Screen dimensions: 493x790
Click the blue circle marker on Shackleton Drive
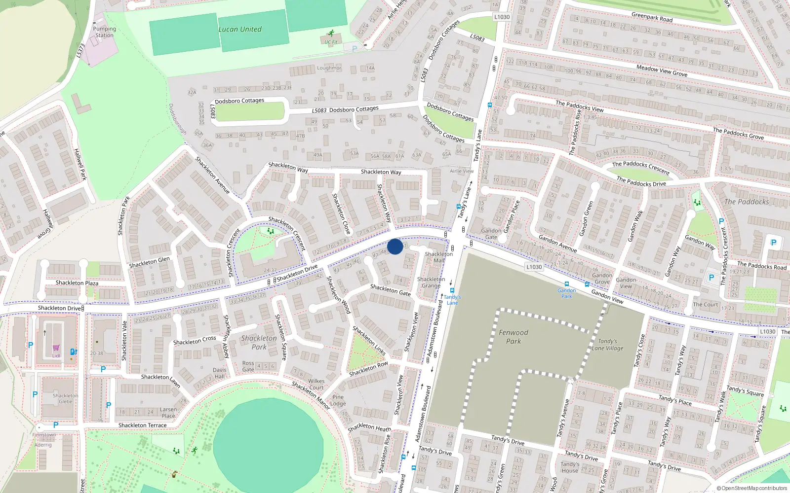pyautogui.click(x=395, y=246)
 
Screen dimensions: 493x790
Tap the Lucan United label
pyautogui.click(x=240, y=29)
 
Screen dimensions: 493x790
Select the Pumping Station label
pyautogui.click(x=105, y=32)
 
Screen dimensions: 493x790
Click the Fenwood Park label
pyautogui.click(x=513, y=337)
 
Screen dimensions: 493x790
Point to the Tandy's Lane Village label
pyautogui.click(x=608, y=345)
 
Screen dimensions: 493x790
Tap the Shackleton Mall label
pyautogui.click(x=439, y=257)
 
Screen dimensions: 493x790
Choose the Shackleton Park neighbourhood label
pyautogui.click(x=259, y=343)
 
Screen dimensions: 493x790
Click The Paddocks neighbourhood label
pyautogui.click(x=747, y=202)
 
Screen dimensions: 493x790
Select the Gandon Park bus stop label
pyautogui.click(x=567, y=293)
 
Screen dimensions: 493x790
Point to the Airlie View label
pyautogui.click(x=462, y=171)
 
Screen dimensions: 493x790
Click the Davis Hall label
pyautogui.click(x=220, y=373)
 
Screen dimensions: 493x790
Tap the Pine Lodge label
pyautogui.click(x=338, y=400)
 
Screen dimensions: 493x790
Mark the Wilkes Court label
pyautogui.click(x=316, y=384)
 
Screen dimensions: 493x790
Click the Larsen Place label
pyautogui.click(x=168, y=413)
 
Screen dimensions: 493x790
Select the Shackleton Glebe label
pyautogui.click(x=66, y=398)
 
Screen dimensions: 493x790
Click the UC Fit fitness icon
pyautogui.click(x=331, y=34)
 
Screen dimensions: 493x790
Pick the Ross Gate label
pyautogui.click(x=248, y=366)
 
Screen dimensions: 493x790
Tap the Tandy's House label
pyautogui.click(x=570, y=467)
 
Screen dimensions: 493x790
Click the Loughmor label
pyautogui.click(x=329, y=68)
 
